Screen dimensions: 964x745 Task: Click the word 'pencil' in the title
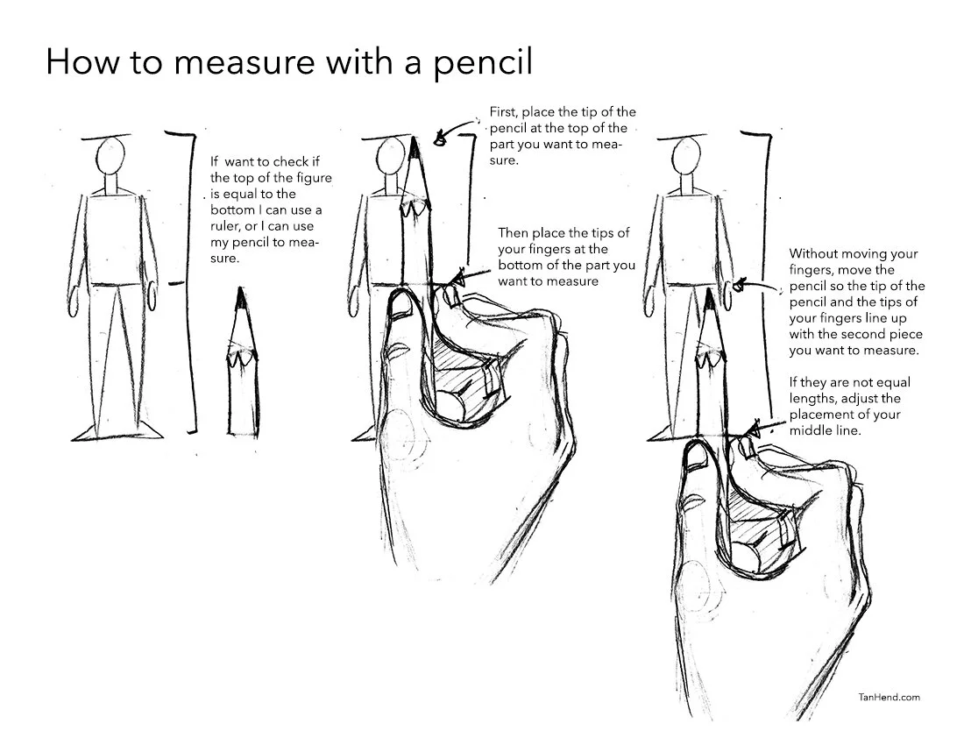point(482,62)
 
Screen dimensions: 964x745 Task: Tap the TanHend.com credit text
point(889,697)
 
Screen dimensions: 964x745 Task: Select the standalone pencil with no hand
point(242,363)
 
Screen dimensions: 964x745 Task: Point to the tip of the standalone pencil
point(240,288)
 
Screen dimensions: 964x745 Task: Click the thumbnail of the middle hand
point(402,305)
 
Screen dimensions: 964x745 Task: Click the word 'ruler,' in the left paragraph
point(224,226)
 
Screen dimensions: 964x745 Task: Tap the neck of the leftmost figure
point(110,185)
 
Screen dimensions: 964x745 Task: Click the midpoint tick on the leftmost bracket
point(176,283)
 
